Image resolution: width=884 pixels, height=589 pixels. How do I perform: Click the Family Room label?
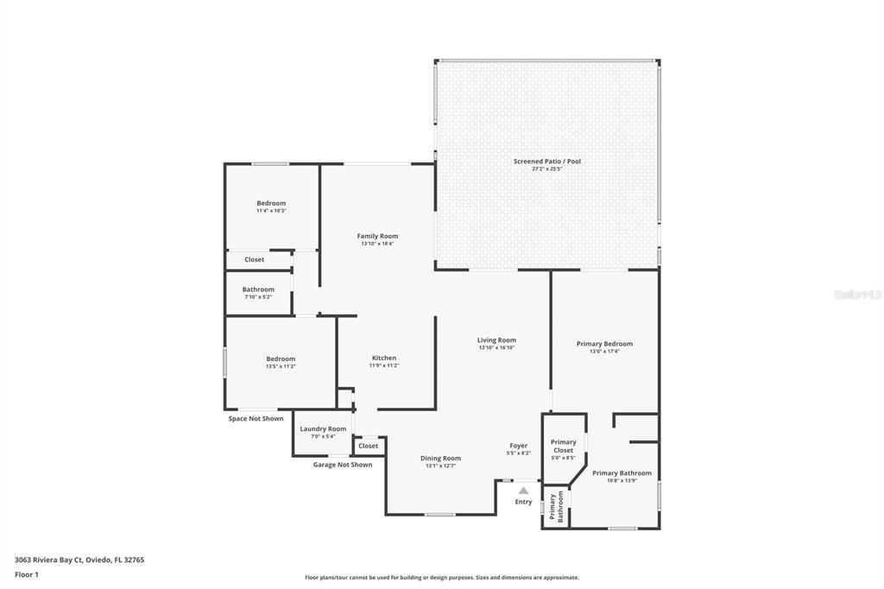pos(377,236)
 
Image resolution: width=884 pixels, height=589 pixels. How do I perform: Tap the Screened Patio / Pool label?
pos(546,161)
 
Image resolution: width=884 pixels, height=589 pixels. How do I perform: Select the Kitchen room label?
pos(384,358)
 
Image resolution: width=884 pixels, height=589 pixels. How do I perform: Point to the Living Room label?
pos(496,340)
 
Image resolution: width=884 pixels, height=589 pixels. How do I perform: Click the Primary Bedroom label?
pos(604,344)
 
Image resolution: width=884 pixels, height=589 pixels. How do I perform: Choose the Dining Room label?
pos(440,459)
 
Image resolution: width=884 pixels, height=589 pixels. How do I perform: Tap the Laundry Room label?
pos(323,428)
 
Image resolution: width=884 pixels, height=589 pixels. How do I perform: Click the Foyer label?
pos(518,446)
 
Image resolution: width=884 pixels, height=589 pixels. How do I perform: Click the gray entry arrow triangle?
pos(523,491)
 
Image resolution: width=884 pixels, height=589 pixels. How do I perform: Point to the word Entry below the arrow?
pos(523,502)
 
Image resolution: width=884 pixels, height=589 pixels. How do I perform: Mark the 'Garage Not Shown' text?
pos(343,465)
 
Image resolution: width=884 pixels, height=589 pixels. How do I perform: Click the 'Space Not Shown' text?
pos(256,419)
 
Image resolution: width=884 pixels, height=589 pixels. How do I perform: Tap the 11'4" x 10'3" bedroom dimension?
pos(271,211)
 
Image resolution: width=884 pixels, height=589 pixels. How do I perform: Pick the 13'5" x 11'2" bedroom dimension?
pos(281,366)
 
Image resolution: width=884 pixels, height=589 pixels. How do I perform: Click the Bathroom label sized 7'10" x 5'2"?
pos(258,289)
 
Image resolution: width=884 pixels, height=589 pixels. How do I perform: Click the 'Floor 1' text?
pos(27,574)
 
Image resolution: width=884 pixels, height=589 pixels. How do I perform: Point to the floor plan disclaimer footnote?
pos(441,578)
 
